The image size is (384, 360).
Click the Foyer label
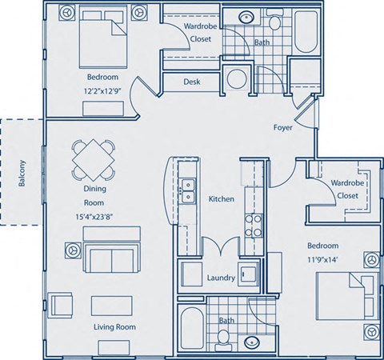282,127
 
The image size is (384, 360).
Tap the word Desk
191,82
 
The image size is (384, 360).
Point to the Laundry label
220,278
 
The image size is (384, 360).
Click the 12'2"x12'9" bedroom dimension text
103,92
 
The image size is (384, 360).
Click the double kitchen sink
190,191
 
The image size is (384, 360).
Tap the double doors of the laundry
220,249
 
